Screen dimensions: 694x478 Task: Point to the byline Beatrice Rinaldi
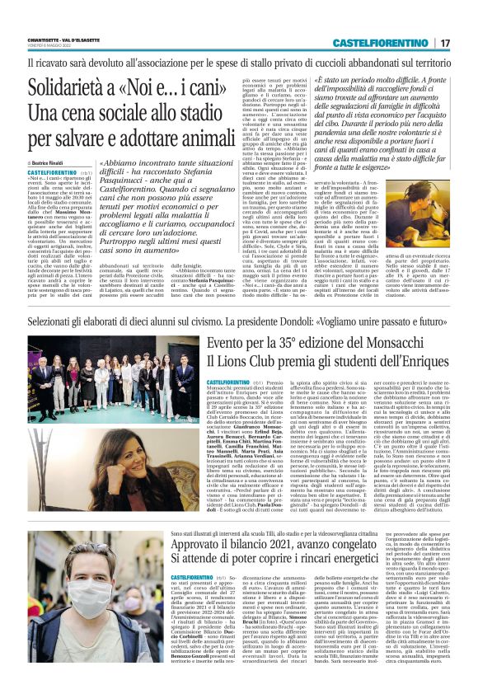[x=52, y=164]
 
